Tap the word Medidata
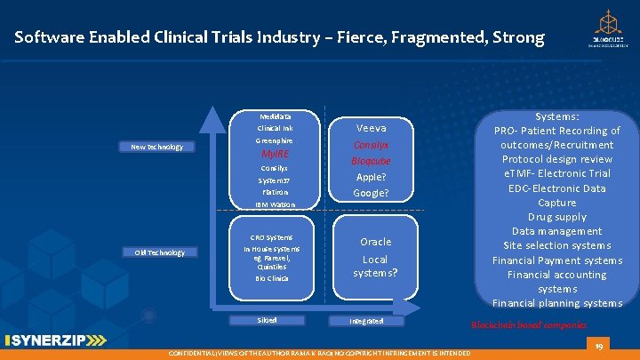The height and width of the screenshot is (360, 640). tap(275, 116)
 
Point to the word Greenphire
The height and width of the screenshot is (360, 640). tap(275, 140)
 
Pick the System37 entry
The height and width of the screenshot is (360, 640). tap(275, 180)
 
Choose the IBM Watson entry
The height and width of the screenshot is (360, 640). tap(275, 204)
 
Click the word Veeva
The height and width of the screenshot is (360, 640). tap(371, 128)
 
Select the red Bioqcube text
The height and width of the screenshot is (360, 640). tap(371, 161)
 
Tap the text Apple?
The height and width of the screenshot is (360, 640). tap(371, 177)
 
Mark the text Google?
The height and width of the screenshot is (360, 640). tap(371, 193)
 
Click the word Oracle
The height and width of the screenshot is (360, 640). tap(375, 242)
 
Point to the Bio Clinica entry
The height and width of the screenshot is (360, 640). tap(272, 278)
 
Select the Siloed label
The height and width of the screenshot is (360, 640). tap(268, 319)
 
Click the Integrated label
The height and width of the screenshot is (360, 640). tap(366, 320)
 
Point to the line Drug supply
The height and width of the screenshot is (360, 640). tap(557, 217)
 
